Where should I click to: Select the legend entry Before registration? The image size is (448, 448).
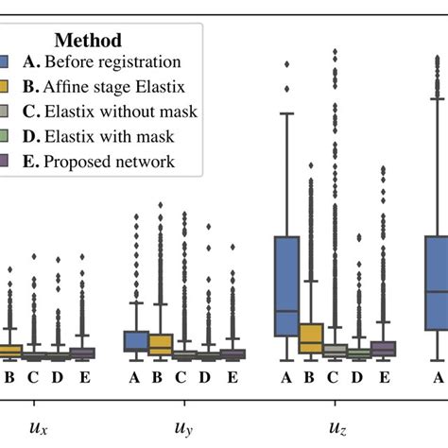106,63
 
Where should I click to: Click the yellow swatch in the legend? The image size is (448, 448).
5,88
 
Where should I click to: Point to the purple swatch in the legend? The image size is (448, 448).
5,162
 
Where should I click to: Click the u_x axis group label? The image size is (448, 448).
39,427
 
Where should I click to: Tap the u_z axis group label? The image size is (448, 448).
336,427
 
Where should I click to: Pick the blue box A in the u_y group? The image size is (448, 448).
136,340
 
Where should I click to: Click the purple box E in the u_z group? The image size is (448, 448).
383,348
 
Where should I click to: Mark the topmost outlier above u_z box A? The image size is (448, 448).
286,64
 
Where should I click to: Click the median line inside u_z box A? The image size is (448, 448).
286,310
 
